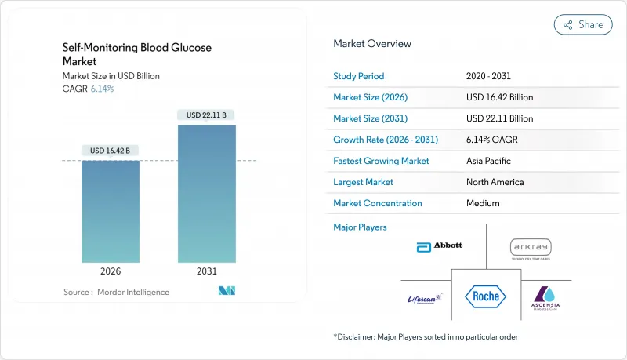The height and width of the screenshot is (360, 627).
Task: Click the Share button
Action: tap(583, 24)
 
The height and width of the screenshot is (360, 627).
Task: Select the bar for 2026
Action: tap(111, 212)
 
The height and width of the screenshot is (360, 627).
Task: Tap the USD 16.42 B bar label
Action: tap(111, 151)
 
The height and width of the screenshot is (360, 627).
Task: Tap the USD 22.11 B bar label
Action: tap(207, 115)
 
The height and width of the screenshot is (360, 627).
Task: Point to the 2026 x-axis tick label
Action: tap(111, 271)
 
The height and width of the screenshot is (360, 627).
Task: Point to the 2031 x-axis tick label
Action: tap(207, 271)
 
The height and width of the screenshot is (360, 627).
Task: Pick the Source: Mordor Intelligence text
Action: tap(116, 293)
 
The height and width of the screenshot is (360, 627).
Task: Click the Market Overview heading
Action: tap(372, 43)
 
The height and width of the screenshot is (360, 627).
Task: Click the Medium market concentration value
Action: tap(483, 203)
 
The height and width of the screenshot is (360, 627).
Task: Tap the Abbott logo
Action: tap(439, 246)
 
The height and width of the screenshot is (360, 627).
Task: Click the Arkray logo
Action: tap(531, 248)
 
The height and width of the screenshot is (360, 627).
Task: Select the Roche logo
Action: tap(485, 296)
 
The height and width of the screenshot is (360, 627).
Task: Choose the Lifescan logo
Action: tap(424, 298)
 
